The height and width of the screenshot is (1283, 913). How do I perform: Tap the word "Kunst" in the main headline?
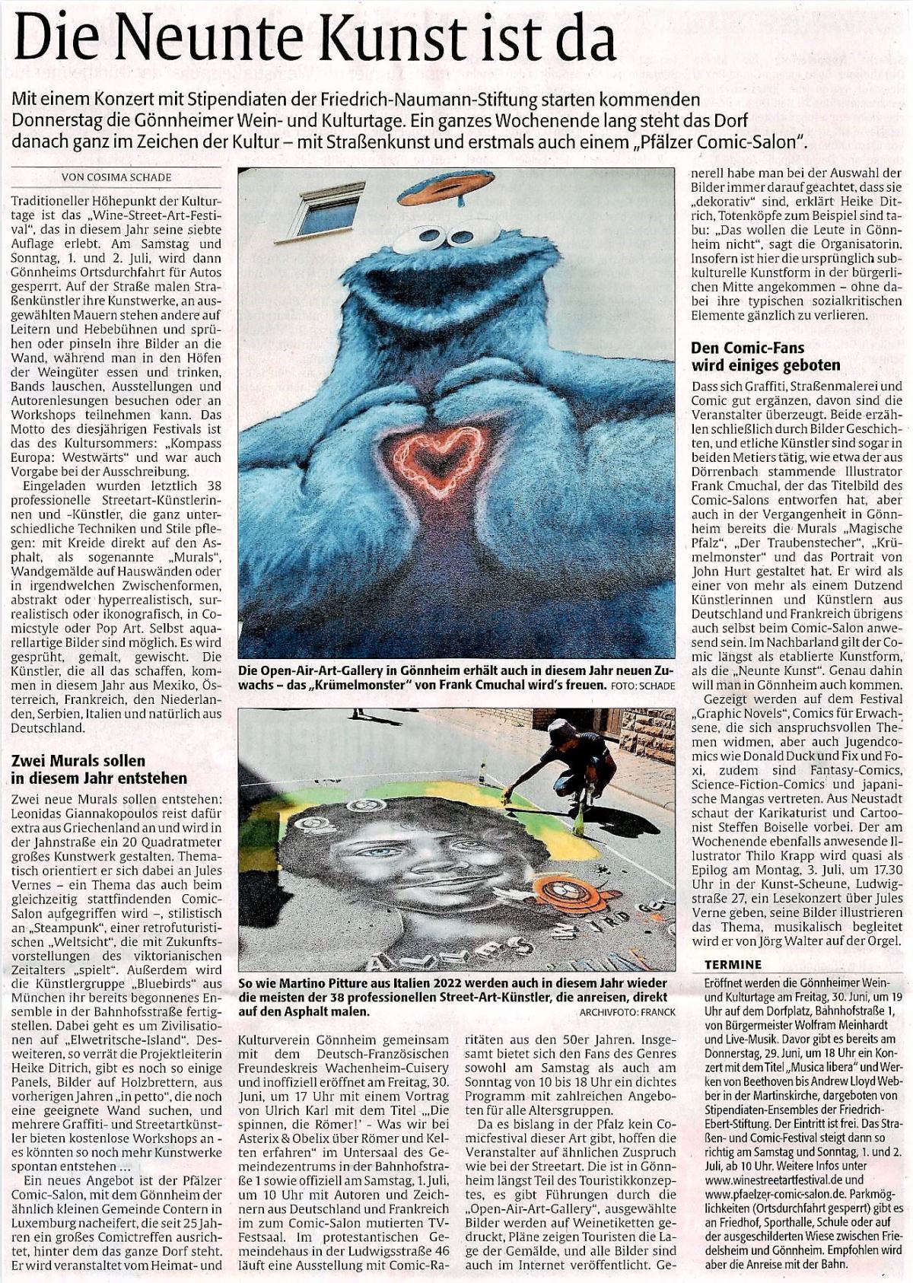(x=396, y=39)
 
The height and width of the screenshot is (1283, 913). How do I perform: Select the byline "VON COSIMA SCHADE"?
(x=116, y=177)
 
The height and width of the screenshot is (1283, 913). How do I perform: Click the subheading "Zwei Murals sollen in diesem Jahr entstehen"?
(x=99, y=769)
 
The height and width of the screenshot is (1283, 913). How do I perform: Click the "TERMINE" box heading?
(x=732, y=964)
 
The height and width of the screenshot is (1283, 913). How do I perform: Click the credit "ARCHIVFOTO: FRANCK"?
(x=627, y=1012)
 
